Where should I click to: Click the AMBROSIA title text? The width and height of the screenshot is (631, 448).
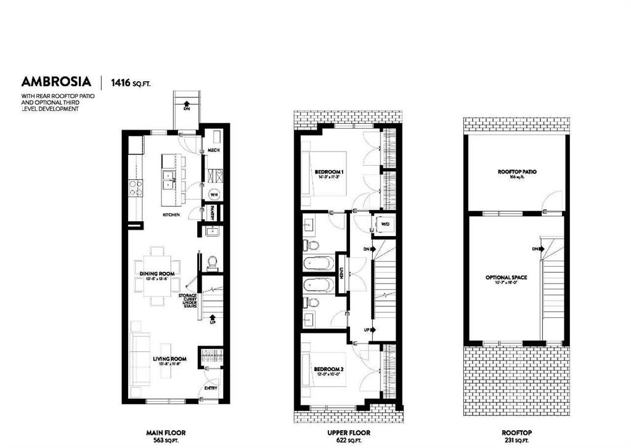56,81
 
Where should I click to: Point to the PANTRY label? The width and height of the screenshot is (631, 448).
213,212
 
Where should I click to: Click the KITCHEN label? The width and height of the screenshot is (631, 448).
171,215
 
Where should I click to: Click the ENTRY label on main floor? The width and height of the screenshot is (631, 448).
210,388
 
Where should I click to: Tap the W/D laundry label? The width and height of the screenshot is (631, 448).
385,223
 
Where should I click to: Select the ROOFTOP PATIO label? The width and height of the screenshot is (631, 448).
516,172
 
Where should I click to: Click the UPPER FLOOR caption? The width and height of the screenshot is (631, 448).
343,433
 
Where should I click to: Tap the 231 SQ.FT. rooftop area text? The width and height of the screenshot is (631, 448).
516,441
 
